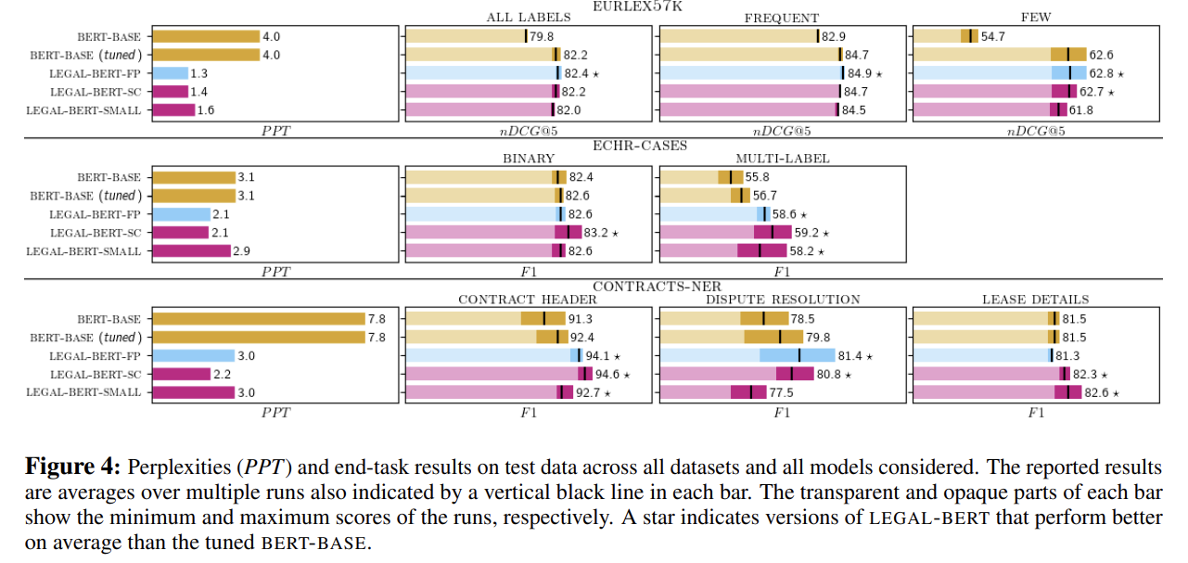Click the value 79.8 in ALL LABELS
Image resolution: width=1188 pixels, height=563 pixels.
click(x=543, y=36)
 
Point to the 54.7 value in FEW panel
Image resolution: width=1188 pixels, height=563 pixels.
click(x=993, y=36)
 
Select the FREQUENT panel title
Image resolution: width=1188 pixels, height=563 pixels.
click(x=781, y=18)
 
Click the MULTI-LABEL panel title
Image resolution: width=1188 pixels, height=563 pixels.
click(x=782, y=159)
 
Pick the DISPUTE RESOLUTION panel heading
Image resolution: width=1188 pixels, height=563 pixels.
click(x=782, y=300)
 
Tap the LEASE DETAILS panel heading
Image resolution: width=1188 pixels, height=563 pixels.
click(x=1036, y=300)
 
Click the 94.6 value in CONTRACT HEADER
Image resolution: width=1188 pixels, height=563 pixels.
click(x=608, y=374)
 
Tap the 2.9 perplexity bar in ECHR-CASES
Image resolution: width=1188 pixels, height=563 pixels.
click(x=190, y=251)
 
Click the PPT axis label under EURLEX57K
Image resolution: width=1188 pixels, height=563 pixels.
click(x=275, y=131)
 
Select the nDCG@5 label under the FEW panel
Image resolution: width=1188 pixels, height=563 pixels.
click(x=1036, y=131)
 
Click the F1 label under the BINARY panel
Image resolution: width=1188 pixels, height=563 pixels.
click(x=529, y=272)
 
